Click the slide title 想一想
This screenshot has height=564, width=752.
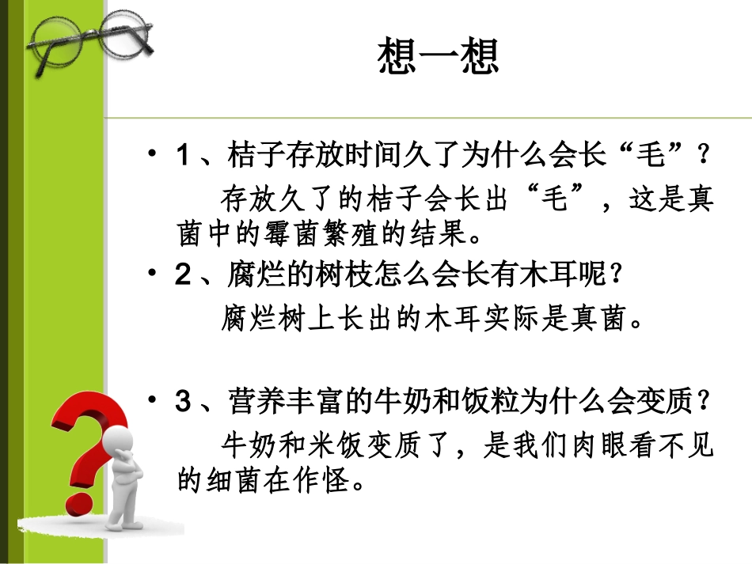pyautogui.click(x=439, y=59)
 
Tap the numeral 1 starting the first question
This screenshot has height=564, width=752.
pyautogui.click(x=182, y=156)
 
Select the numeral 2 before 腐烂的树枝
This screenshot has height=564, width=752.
pyautogui.click(x=182, y=278)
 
